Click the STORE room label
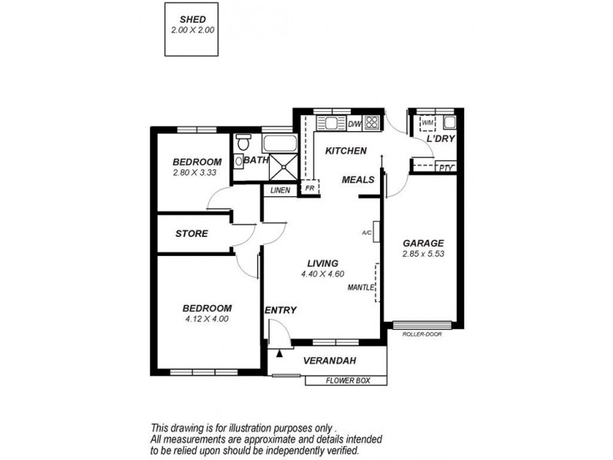click(x=191, y=233)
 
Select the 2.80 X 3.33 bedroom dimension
click(x=197, y=173)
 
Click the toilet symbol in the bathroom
click(x=244, y=143)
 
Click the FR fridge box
click(x=310, y=187)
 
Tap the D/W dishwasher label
click(x=355, y=123)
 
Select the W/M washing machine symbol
click(x=427, y=123)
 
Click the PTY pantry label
click(x=445, y=167)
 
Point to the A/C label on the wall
click(x=366, y=232)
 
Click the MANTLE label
click(x=361, y=287)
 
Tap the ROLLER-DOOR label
click(x=421, y=333)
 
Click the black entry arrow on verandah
click(x=280, y=353)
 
